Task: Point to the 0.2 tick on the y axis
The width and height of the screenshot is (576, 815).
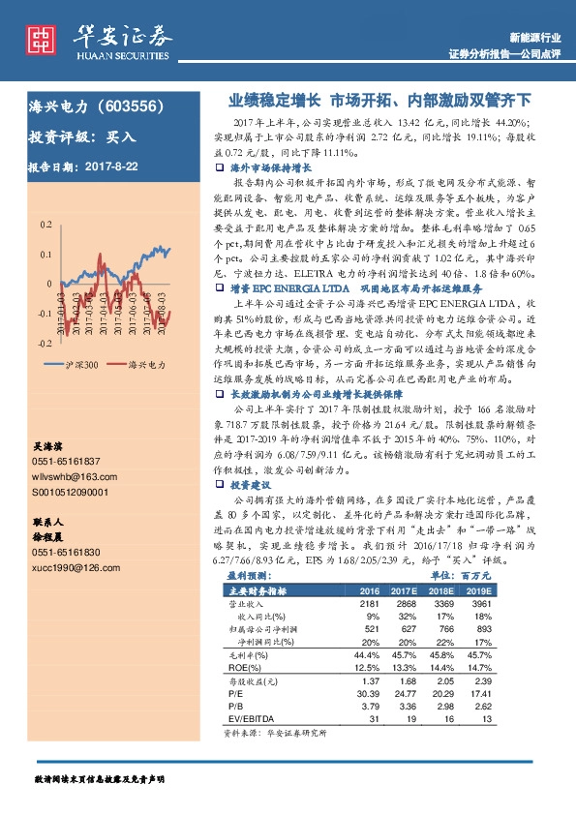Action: [45, 225]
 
